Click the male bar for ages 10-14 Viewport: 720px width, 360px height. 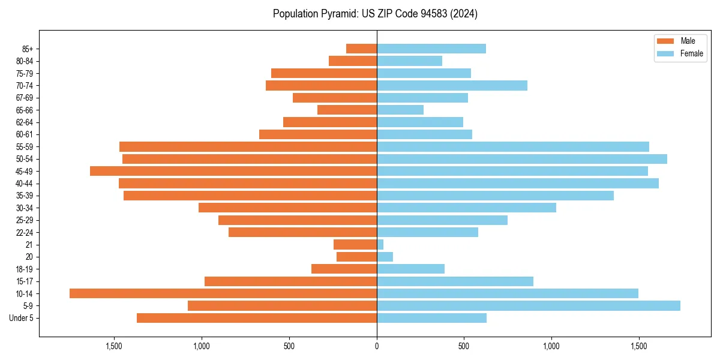pos(223,293)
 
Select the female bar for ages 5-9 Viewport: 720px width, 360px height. pos(528,305)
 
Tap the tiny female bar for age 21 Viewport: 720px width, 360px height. pos(380,244)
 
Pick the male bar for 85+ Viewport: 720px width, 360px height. pos(362,49)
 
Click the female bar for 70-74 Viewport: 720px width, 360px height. pos(452,85)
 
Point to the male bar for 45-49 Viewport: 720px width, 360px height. pos(233,171)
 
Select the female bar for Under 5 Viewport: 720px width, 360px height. pos(431,318)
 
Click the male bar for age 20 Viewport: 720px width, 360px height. pos(357,257)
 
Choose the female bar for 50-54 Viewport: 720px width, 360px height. pos(522,159)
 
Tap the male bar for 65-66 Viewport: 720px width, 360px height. pos(347,110)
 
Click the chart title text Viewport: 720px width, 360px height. pos(375,14)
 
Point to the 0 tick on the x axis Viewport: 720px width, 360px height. pos(377,346)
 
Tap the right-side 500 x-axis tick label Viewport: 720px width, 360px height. pos(464,346)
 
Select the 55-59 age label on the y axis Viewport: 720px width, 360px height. pos(24,147)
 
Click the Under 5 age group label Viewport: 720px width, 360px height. pos(22,318)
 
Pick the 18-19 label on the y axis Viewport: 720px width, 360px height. pos(24,269)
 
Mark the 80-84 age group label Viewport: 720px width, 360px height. pos(24,61)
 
